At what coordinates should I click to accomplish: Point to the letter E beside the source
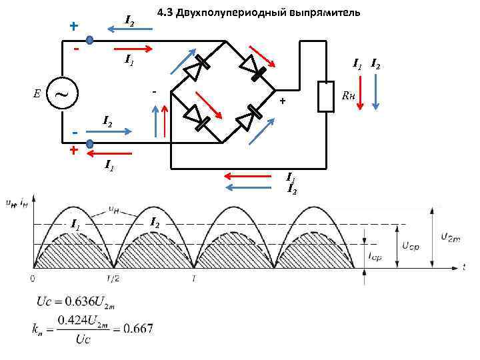pos(37,93)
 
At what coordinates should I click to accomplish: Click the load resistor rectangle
pos(326,97)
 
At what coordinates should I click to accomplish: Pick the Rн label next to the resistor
pos(348,94)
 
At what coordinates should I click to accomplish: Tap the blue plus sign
pos(73,26)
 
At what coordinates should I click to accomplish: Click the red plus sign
pos(73,151)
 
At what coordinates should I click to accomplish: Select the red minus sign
pos(77,49)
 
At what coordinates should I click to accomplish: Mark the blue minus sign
pos(75,132)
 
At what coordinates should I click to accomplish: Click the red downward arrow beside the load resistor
pos(359,93)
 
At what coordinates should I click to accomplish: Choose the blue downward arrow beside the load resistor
pos(375,93)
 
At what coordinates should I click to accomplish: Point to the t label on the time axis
pos(463,267)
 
